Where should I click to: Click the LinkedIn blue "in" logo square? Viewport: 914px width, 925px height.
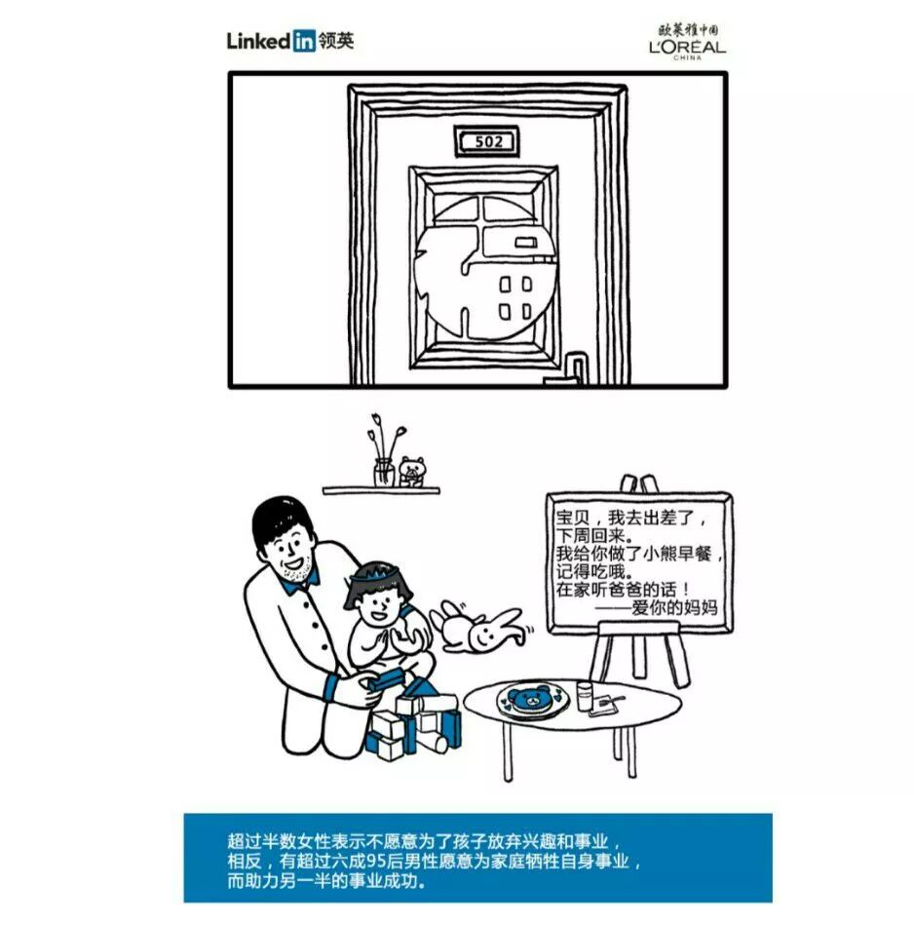tap(303, 41)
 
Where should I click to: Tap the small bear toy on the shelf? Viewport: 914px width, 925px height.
tap(413, 472)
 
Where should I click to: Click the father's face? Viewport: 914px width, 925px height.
tap(290, 556)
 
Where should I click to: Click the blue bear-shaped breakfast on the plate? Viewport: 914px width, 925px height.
tap(531, 698)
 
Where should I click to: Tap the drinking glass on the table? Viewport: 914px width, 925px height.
tap(585, 694)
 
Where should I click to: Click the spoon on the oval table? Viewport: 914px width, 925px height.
tap(612, 700)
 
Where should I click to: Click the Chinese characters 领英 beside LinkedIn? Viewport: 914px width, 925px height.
tap(336, 41)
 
